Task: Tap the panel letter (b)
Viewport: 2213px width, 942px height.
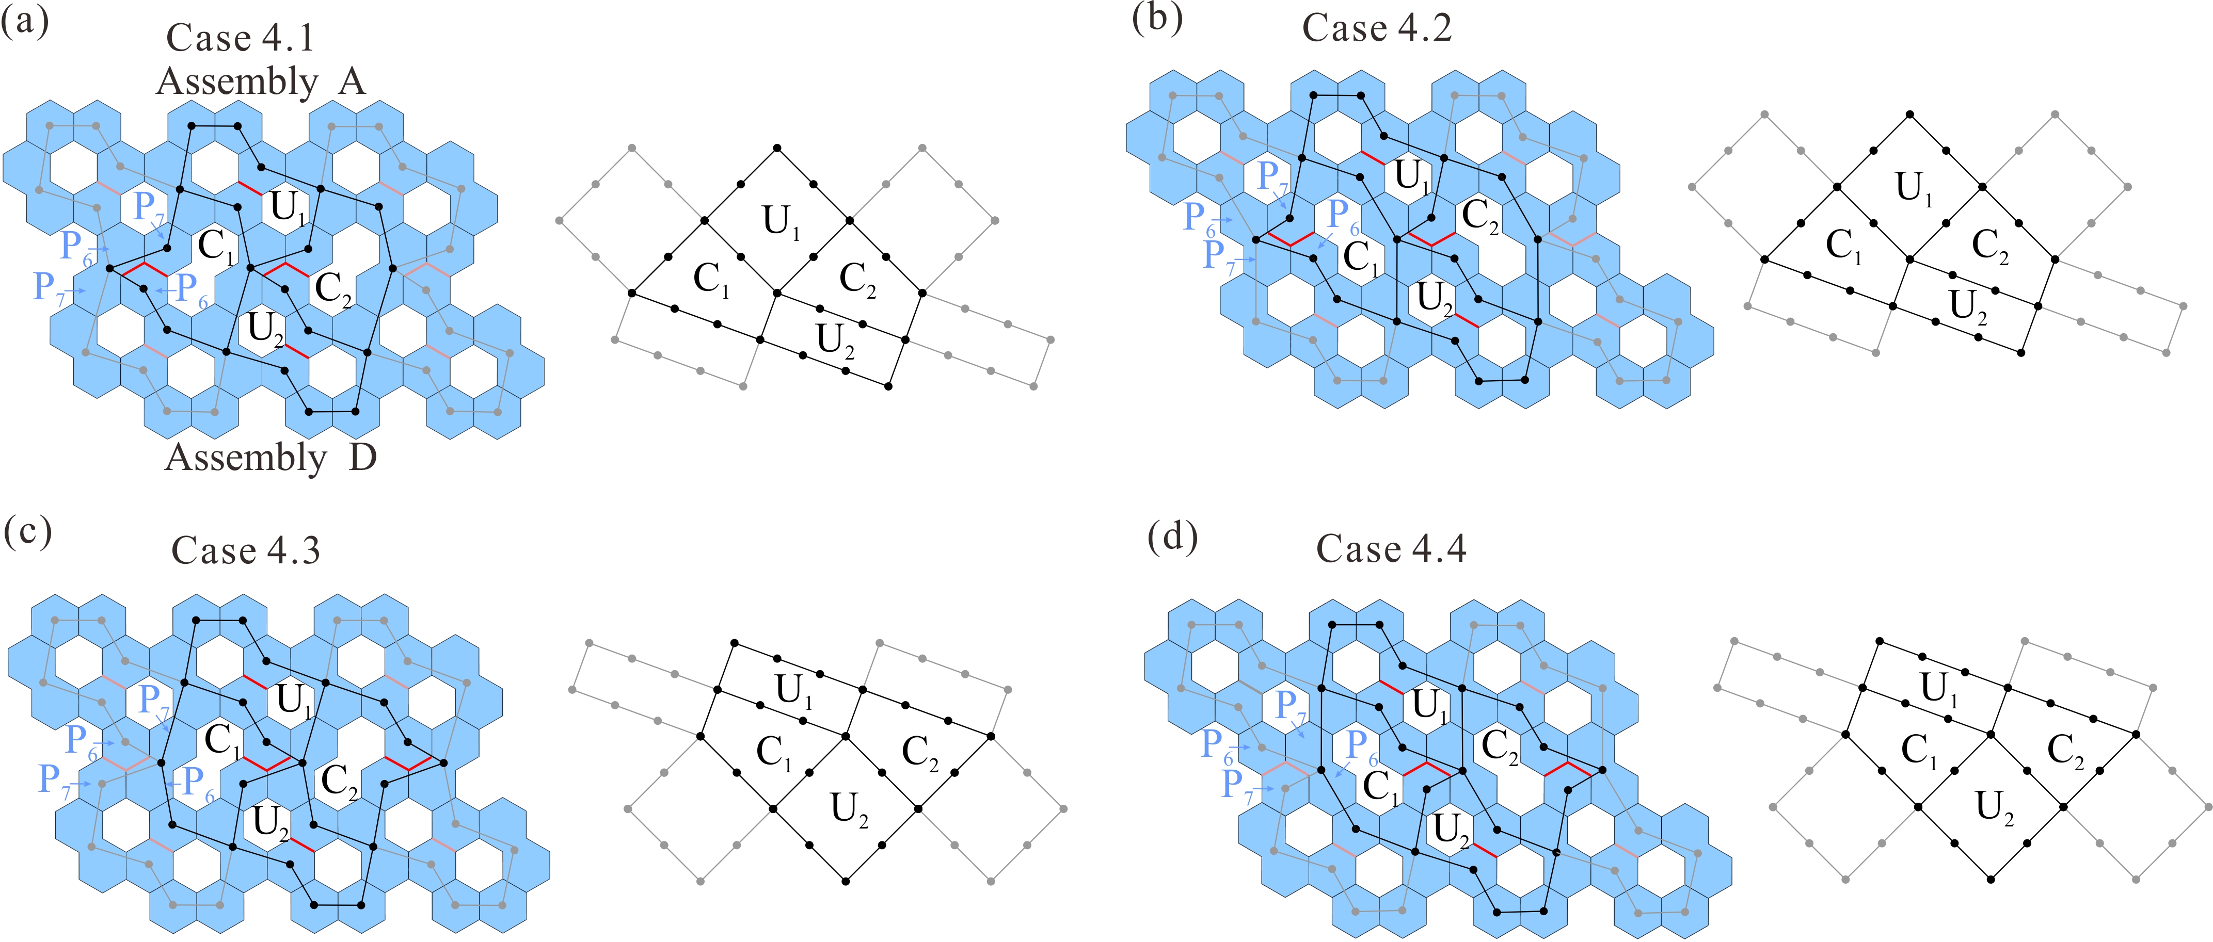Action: tap(1156, 17)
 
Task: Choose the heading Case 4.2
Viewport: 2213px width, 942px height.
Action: tap(1376, 28)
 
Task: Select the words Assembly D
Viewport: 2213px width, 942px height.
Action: tap(270, 458)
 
